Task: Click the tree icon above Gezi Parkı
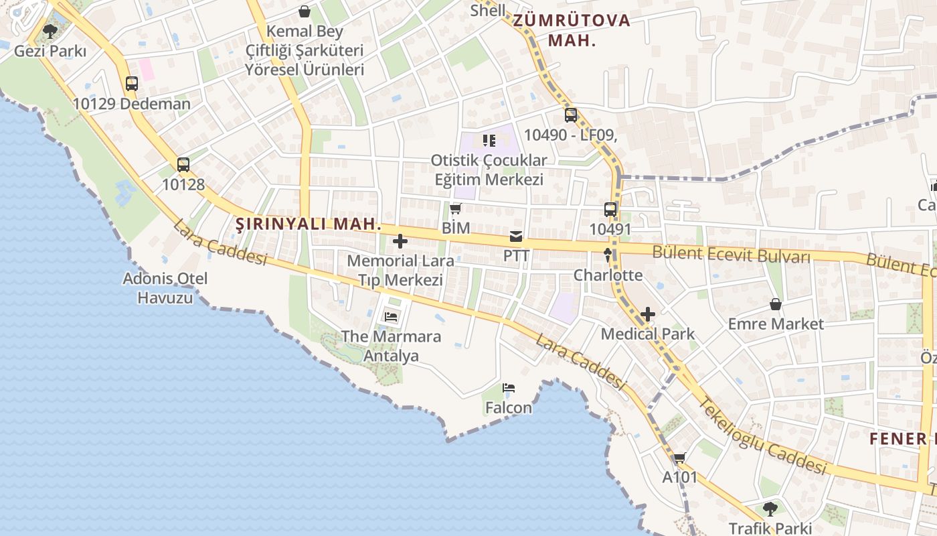[x=50, y=31]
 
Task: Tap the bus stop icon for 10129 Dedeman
[x=132, y=84]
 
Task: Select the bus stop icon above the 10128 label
[x=183, y=164]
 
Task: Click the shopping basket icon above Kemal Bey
[x=305, y=11]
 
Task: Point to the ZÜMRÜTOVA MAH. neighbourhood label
[x=572, y=29]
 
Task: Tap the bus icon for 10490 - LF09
[x=570, y=115]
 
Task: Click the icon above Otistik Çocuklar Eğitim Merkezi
[x=489, y=140]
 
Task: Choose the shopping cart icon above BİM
[x=456, y=209]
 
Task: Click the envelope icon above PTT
[x=516, y=236]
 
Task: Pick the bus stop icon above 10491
[x=610, y=210]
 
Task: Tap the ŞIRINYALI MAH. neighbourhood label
[x=309, y=224]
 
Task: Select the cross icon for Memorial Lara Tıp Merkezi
[x=400, y=241]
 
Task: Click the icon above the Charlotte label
[x=608, y=255]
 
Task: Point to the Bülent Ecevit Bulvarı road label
[x=731, y=255]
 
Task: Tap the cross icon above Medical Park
[x=647, y=314]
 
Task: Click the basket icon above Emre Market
[x=776, y=304]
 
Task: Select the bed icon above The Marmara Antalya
[x=391, y=316]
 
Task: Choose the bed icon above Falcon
[x=509, y=387]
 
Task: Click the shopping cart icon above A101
[x=680, y=458]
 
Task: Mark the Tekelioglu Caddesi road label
[x=763, y=435]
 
